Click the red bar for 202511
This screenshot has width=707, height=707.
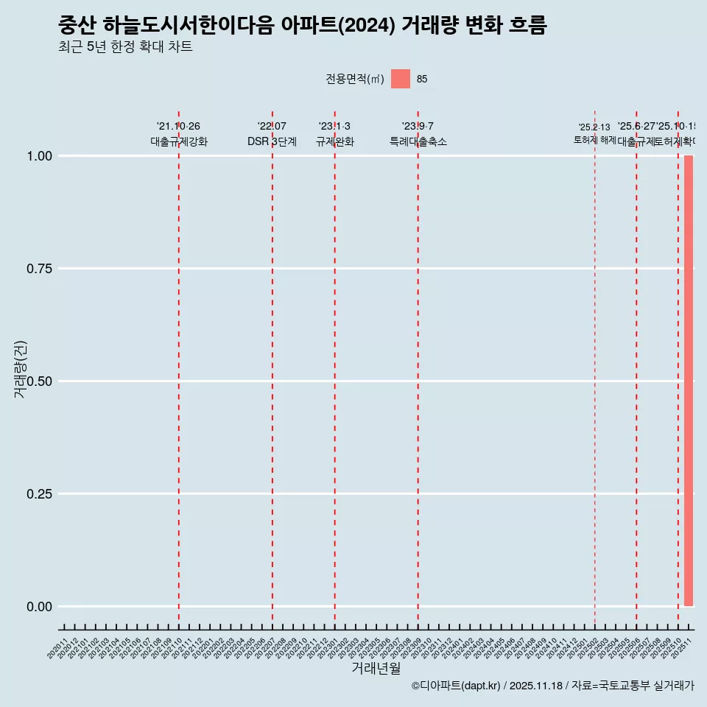(689, 381)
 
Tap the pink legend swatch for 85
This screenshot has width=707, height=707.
(400, 79)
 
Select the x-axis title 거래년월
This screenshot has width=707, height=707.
(376, 669)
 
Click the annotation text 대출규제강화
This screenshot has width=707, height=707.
(179, 142)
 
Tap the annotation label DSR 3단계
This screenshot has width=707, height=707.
(272, 142)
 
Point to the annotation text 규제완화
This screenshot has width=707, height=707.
(334, 142)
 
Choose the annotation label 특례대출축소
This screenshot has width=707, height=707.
(418, 142)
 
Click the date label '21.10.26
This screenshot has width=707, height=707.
(178, 127)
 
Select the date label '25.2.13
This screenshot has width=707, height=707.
(594, 127)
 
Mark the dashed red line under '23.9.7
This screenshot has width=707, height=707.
(418, 368)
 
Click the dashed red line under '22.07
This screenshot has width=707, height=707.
(272, 368)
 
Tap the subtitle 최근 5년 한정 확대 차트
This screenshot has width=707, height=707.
(125, 47)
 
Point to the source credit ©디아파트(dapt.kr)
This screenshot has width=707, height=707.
(456, 686)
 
